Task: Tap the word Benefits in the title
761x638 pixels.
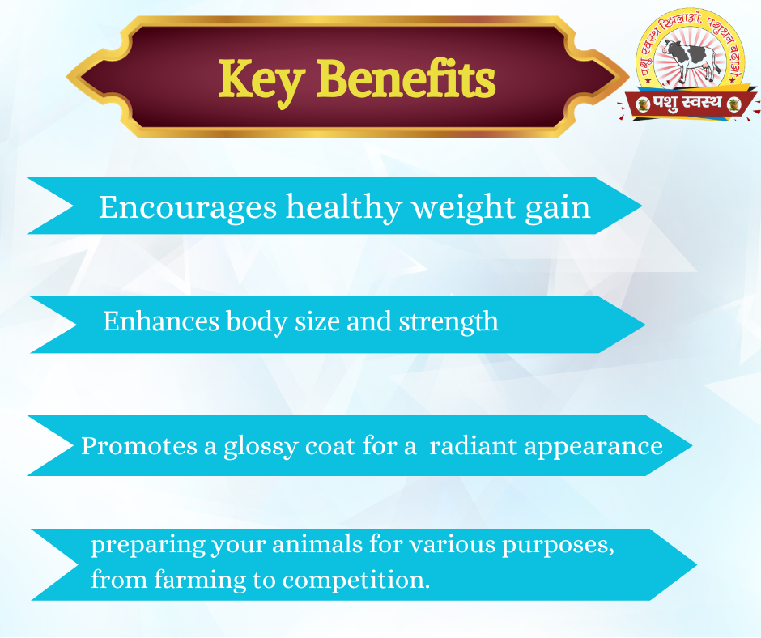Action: tap(406, 79)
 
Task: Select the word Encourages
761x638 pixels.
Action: tap(188, 208)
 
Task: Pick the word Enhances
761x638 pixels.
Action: tap(161, 321)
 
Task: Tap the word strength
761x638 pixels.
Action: tap(449, 322)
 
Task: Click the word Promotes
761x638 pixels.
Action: tap(138, 446)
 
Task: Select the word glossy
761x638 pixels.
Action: tap(261, 447)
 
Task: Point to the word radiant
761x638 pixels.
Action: tap(473, 446)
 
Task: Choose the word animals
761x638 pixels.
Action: tap(317, 544)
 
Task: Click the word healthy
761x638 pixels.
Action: tap(343, 209)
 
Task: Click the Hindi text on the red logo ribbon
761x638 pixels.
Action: tap(687, 103)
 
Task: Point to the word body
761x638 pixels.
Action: tap(257, 322)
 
